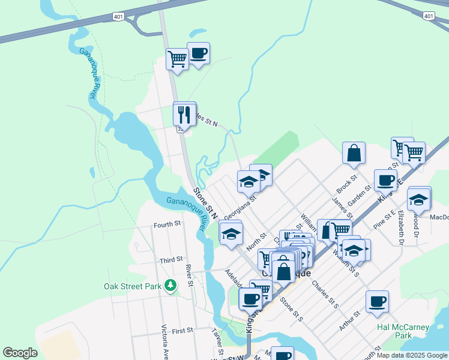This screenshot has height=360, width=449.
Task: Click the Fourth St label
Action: [x=167, y=224]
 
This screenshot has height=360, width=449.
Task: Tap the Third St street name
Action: [x=171, y=260]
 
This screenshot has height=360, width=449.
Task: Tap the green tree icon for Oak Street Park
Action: [x=172, y=286]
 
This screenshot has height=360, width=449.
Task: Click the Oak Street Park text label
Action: [x=133, y=286]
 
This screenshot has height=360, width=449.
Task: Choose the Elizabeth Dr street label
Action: [x=400, y=228]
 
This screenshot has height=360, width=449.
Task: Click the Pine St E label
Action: [x=384, y=220]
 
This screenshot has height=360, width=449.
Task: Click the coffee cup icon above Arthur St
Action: [x=377, y=301]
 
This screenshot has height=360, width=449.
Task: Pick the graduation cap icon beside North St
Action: [x=231, y=234]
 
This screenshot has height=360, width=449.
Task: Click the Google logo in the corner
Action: [x=20, y=353]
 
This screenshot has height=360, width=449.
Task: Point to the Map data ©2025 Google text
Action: [x=412, y=355]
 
